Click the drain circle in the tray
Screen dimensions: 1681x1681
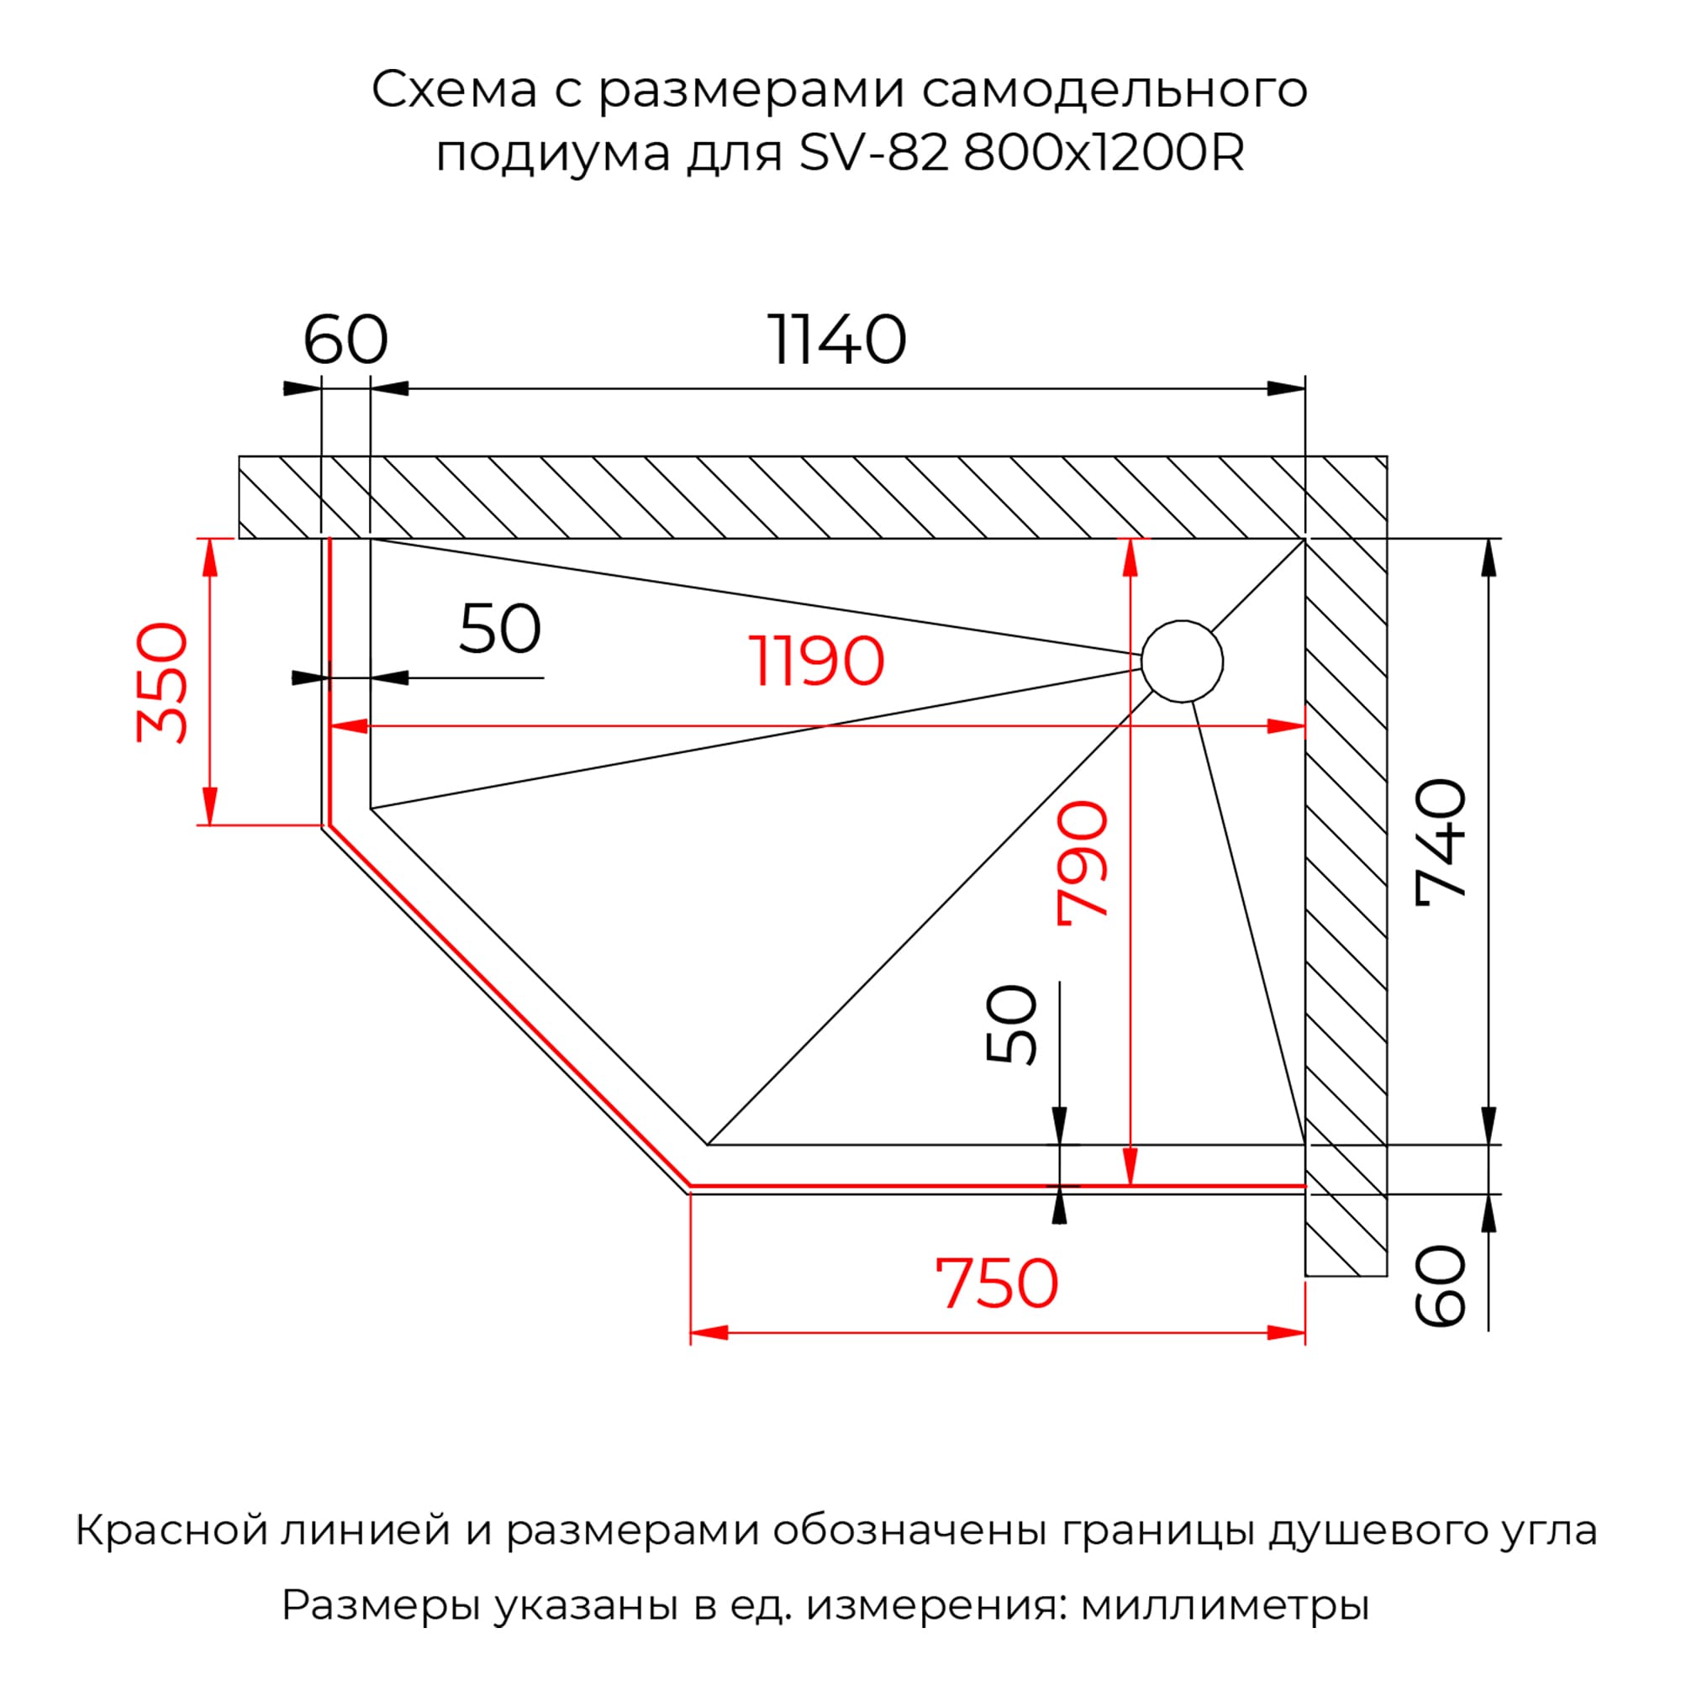click(x=1182, y=662)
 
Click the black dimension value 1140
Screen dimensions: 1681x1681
click(x=837, y=340)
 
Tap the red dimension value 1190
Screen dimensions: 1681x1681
click(x=816, y=662)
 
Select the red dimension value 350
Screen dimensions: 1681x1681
click(x=163, y=682)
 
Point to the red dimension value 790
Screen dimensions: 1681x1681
click(x=1082, y=863)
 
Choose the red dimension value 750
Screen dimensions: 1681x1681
click(x=996, y=1284)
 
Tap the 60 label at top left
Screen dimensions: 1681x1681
click(x=345, y=340)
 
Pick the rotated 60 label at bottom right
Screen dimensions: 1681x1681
click(x=1440, y=1286)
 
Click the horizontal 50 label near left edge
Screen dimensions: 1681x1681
click(x=499, y=629)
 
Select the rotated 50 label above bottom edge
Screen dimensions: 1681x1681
click(x=1012, y=1024)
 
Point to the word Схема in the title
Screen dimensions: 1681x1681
click(x=454, y=90)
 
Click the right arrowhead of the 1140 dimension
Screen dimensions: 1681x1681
click(x=1286, y=388)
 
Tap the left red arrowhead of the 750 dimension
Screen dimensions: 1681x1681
click(x=710, y=1333)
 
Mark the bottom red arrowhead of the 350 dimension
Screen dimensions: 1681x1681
click(x=208, y=805)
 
